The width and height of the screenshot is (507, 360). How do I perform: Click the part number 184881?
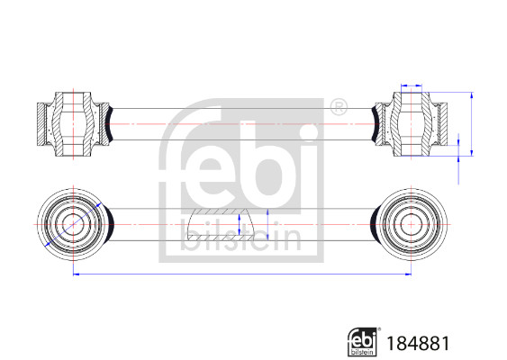(418, 343)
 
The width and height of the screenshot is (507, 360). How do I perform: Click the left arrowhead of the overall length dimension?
(74, 273)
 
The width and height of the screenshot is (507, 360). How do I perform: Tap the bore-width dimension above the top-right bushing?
(411, 86)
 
